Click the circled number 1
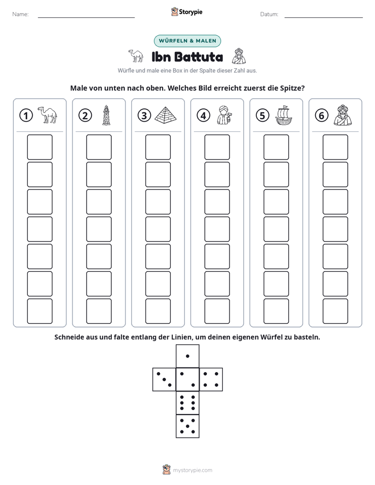[26, 115]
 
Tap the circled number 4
[203, 115]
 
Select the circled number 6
[321, 115]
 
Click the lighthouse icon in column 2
[107, 115]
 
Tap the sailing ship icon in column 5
[284, 115]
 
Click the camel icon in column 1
[47, 115]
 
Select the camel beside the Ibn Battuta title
[136, 56]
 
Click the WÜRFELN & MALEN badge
[187, 41]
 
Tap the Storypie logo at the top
[186, 12]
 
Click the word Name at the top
[20, 14]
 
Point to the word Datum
[269, 14]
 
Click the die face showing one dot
[187, 356]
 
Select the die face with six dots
[187, 403]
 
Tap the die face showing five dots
[187, 426]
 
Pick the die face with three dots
[164, 379]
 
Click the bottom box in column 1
[39, 311]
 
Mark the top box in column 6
[336, 147]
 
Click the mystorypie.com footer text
[192, 470]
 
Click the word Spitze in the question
[293, 88]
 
